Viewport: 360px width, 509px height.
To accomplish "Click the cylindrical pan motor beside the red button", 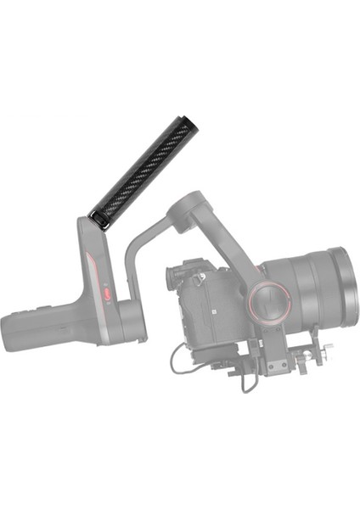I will point(128,315).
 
